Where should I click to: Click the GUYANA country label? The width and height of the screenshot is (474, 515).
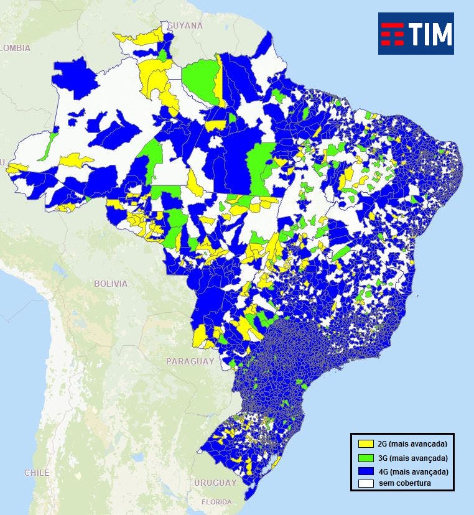(x=185, y=26)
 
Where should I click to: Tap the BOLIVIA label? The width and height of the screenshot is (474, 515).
(x=110, y=284)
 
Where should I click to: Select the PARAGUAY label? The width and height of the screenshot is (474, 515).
(x=190, y=361)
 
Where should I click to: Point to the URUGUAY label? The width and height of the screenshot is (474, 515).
(x=215, y=483)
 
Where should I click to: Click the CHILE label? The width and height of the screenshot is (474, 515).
(x=37, y=473)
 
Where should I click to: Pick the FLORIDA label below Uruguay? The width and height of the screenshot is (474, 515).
(x=216, y=502)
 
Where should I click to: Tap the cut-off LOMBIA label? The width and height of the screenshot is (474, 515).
(x=15, y=48)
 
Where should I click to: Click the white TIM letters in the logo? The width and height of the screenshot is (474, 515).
(x=430, y=34)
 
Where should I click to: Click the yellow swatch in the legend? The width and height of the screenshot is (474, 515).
(x=365, y=444)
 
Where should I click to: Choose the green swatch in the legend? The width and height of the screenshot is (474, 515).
(x=365, y=458)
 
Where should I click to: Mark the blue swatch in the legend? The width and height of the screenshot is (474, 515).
(x=365, y=471)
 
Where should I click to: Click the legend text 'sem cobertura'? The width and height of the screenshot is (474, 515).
(x=405, y=483)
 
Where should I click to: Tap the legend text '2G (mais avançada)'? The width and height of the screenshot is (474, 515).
(x=412, y=444)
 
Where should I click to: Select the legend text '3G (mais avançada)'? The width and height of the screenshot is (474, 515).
(x=412, y=458)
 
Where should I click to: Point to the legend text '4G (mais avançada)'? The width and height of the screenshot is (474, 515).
(x=412, y=471)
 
